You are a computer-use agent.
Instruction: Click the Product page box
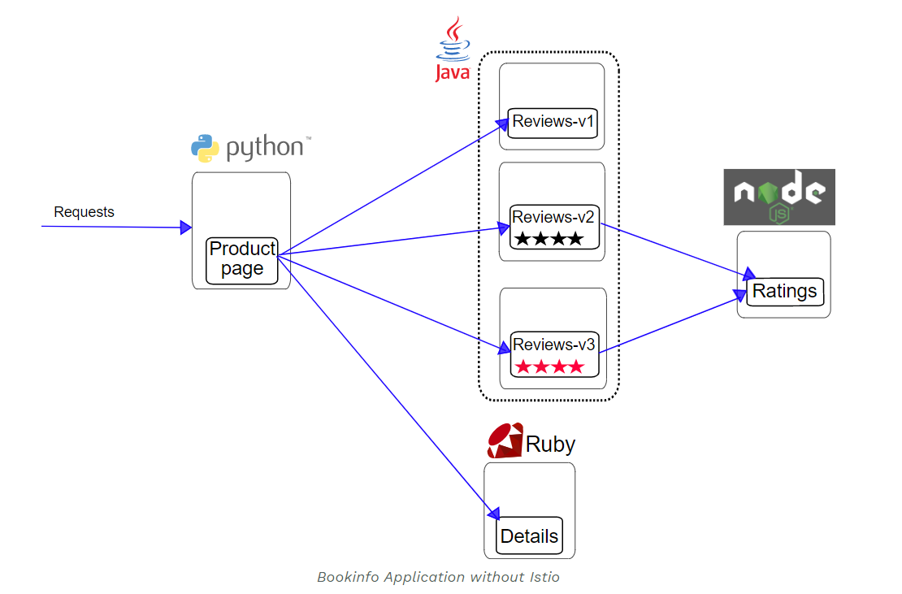tap(242, 260)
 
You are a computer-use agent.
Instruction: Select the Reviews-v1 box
tap(553, 123)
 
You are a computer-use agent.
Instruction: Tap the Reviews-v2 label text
tap(553, 217)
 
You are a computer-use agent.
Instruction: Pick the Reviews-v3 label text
tap(554, 345)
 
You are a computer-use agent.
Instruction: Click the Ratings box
tap(785, 291)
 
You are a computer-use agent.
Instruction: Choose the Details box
tap(529, 535)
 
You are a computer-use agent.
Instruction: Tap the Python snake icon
tap(205, 148)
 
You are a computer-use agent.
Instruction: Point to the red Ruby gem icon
tap(505, 441)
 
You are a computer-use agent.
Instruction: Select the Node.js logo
tap(779, 197)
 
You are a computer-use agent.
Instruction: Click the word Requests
tap(84, 212)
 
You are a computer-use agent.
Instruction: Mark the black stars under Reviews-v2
tap(549, 239)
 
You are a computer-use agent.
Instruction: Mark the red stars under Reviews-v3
tap(549, 367)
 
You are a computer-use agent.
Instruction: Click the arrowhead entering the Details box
tap(492, 513)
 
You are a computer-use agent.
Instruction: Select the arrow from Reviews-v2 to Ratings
tap(674, 249)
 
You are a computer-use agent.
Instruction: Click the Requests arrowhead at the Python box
tap(186, 228)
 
